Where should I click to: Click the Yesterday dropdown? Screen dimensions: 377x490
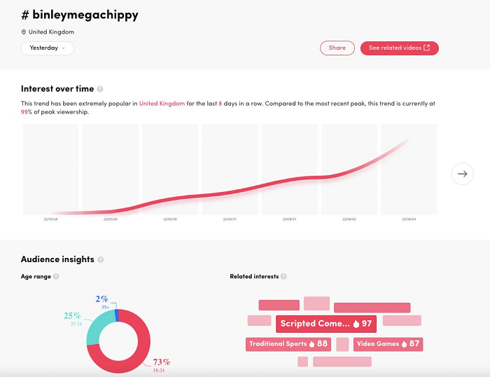point(48,48)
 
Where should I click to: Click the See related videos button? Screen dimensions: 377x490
point(399,48)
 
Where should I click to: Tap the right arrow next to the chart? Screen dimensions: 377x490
point(462,174)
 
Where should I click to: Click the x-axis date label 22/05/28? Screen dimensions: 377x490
point(51,219)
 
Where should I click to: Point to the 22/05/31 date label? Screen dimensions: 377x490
point(230,219)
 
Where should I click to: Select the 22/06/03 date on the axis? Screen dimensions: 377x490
point(409,219)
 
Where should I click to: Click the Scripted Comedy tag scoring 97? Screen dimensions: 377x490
point(325,324)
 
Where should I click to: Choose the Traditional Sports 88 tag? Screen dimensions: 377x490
point(288,344)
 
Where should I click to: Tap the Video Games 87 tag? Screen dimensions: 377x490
point(388,344)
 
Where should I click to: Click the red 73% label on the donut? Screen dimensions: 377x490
point(161,362)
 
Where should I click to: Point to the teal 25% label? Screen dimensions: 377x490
point(73,315)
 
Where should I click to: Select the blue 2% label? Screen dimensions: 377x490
point(102,299)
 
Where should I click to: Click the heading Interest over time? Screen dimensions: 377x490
point(57,89)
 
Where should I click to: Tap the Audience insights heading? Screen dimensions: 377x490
point(57,259)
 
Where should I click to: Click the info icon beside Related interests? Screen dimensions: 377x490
point(283,277)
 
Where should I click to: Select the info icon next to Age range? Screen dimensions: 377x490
point(56,277)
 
